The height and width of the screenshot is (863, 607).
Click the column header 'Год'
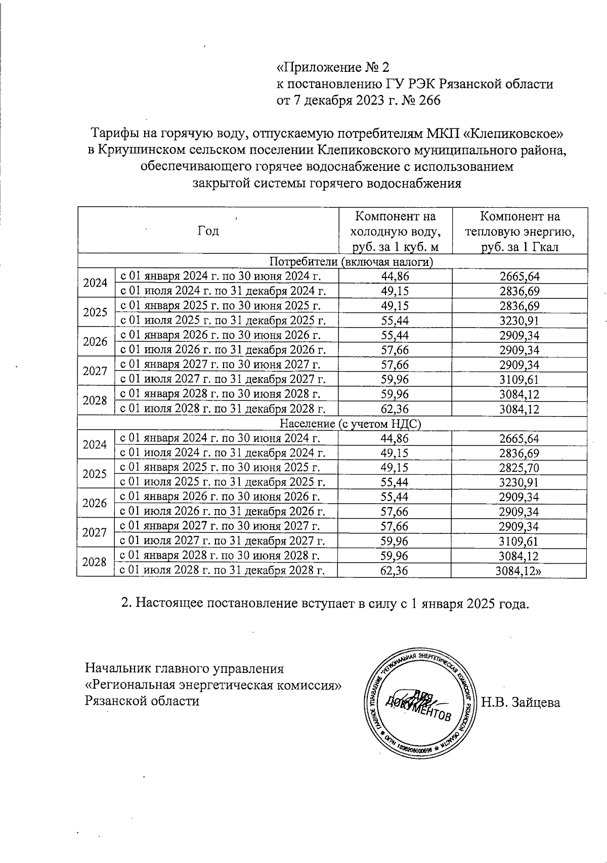tap(208, 231)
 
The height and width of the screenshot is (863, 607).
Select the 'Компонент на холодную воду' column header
tap(395, 231)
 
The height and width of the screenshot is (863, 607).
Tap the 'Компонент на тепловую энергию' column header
tap(519, 231)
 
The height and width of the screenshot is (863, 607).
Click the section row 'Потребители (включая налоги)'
tap(351, 261)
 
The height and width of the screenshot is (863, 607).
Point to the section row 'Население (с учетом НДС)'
tap(351, 423)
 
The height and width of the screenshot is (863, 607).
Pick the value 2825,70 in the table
tap(519, 467)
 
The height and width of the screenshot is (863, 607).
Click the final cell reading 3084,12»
tap(521, 571)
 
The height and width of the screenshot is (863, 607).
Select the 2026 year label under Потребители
tap(96, 342)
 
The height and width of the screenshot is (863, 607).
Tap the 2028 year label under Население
tap(96, 562)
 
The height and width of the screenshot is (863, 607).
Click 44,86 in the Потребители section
tap(395, 276)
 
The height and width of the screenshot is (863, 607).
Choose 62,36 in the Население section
tap(395, 571)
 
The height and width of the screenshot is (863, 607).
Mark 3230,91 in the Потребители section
tap(519, 321)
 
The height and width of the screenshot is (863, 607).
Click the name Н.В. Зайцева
tap(521, 702)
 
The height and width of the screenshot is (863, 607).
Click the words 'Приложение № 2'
tap(334, 67)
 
